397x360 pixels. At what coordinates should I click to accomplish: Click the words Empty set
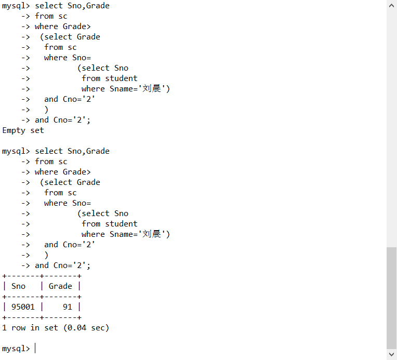click(x=23, y=130)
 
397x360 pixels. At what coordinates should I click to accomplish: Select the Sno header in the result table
click(x=18, y=286)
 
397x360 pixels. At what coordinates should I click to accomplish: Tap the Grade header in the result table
click(x=60, y=286)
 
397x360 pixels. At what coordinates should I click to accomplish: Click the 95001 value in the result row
click(x=23, y=307)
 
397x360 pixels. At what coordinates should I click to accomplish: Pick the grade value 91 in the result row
click(x=68, y=307)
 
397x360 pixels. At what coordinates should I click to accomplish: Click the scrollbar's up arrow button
click(x=392, y=5)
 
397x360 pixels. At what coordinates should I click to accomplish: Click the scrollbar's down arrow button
click(x=392, y=355)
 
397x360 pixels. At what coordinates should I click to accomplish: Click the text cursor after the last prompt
click(x=35, y=349)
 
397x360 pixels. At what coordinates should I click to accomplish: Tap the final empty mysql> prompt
click(x=16, y=349)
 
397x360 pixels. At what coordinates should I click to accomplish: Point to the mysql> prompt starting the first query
click(x=16, y=6)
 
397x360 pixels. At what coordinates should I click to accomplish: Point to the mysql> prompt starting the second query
click(x=16, y=151)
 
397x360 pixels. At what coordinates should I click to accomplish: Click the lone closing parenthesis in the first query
click(x=46, y=110)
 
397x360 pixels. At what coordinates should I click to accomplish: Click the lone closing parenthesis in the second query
click(x=46, y=255)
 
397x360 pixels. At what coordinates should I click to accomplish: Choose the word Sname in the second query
click(x=121, y=234)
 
